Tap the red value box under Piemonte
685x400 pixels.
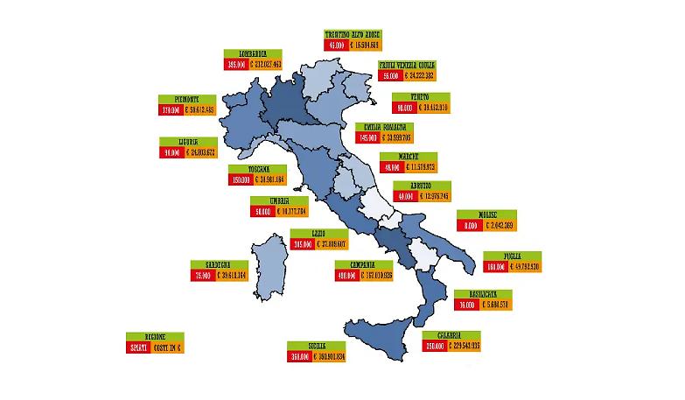point(170,110)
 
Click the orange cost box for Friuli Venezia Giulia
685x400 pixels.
point(420,76)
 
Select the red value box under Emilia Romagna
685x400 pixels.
point(367,137)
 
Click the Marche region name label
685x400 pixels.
point(408,156)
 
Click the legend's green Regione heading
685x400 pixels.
point(155,337)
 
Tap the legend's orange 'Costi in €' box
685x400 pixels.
point(170,347)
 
